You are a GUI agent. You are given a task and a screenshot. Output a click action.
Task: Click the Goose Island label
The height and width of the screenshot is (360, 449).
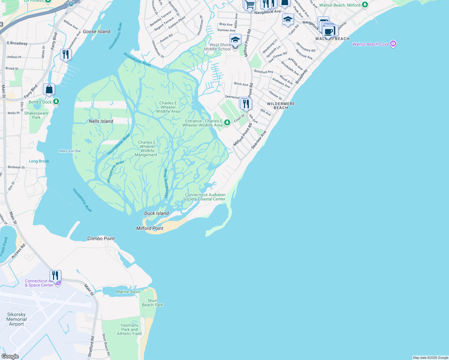tap(96, 31)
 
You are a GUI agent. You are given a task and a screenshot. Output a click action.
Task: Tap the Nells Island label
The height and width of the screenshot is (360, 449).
tap(101, 121)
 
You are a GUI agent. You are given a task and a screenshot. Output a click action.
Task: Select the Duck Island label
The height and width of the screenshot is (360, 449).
tap(156, 213)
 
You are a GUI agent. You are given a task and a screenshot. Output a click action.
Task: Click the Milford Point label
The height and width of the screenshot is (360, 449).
tap(150, 228)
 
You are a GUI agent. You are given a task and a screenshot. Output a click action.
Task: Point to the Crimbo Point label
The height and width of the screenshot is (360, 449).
tap(101, 238)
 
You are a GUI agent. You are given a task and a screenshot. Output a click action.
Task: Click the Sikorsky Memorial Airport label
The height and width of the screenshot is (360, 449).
tap(17, 319)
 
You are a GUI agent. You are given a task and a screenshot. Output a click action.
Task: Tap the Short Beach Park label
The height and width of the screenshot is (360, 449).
tap(152, 303)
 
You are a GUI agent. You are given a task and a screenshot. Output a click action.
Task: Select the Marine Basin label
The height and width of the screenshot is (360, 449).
tap(128, 292)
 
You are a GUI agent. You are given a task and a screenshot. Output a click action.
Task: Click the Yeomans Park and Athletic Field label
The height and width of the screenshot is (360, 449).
tap(129, 329)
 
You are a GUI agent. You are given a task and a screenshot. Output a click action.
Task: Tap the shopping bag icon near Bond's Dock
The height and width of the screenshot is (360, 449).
tap(49, 89)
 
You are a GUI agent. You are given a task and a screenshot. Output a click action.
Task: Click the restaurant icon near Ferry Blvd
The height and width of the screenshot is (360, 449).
tap(65, 55)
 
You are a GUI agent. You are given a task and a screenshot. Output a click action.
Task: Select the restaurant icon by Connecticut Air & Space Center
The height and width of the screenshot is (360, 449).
tap(55, 275)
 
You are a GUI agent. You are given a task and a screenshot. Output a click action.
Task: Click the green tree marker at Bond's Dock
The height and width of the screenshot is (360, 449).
tap(56, 102)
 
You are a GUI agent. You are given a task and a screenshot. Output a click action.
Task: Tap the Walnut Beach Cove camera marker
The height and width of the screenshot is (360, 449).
tap(393, 44)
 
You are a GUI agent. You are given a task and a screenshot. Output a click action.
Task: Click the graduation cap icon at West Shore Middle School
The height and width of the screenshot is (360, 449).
tap(235, 40)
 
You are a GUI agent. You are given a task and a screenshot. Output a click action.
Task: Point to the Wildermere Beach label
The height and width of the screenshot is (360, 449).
tap(281, 106)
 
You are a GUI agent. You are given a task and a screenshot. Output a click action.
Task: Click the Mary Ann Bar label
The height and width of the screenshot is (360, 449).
tap(70, 151)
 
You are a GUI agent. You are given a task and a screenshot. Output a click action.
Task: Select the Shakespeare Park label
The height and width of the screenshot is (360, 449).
tap(36, 115)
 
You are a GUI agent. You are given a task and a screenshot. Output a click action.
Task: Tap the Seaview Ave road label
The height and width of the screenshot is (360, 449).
tap(259, 139)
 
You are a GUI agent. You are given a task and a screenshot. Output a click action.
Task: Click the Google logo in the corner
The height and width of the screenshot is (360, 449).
tap(10, 356)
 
